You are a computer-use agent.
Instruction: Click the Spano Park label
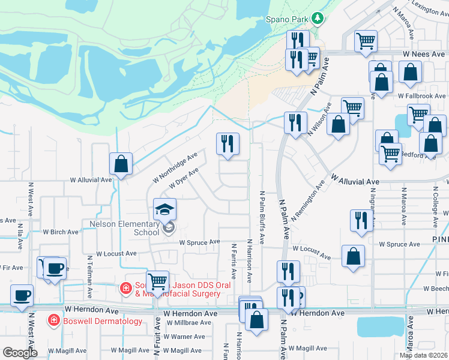[x=288, y=19]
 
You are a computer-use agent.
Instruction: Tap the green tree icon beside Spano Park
[x=318, y=19]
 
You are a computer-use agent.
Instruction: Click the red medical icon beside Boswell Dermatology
[x=54, y=321]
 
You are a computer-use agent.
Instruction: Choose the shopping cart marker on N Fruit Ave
[x=157, y=281]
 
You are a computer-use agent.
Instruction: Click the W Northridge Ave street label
[x=175, y=167]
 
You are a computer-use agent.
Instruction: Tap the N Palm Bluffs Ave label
[x=262, y=217]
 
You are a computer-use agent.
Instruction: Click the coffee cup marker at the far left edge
[x=22, y=296]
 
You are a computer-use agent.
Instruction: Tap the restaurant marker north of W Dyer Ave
[x=228, y=144]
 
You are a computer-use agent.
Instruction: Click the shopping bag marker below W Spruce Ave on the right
[x=354, y=256]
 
